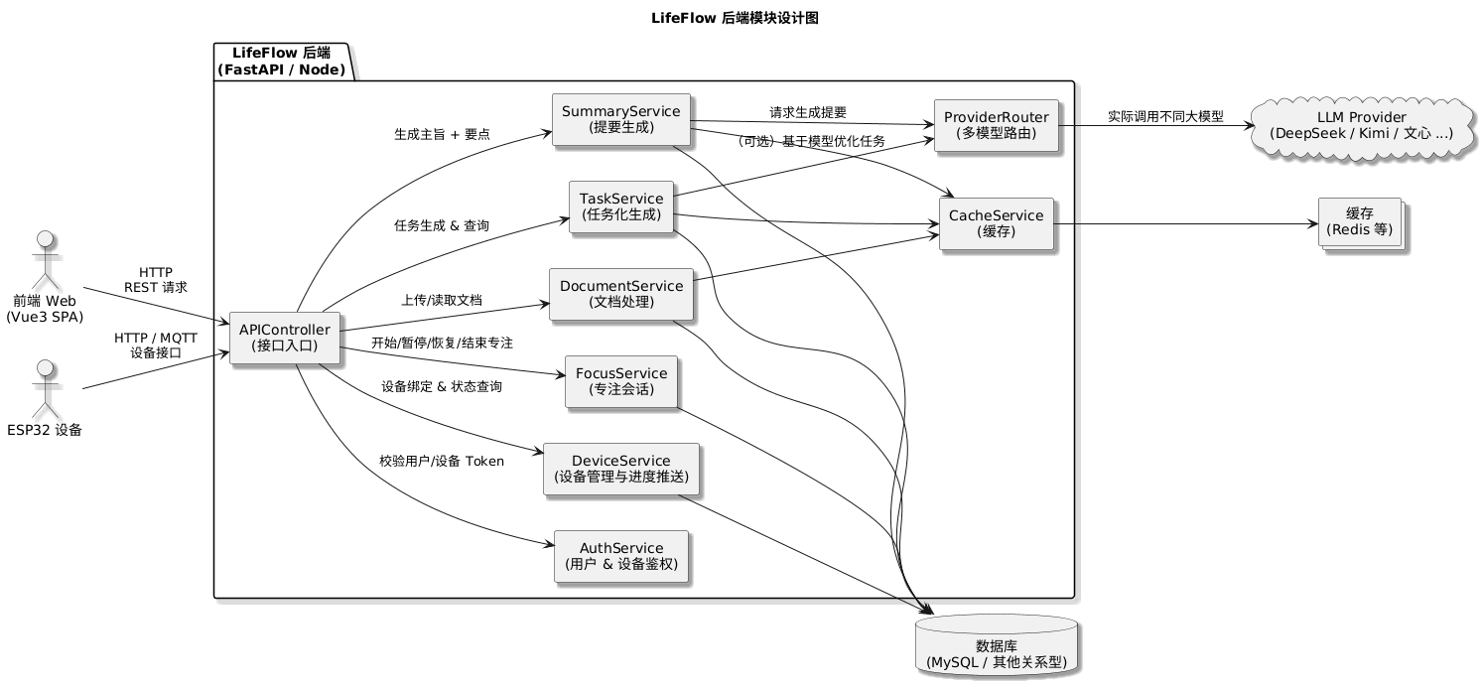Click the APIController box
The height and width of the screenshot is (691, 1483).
[285, 338]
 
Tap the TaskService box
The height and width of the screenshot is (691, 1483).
[621, 207]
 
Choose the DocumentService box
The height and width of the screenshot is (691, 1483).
[621, 294]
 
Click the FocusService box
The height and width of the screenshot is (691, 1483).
[621, 381]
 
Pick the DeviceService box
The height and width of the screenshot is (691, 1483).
[621, 469]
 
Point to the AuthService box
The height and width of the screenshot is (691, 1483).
[621, 556]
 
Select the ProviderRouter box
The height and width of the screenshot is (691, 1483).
[996, 125]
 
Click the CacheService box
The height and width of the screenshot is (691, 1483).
[996, 223]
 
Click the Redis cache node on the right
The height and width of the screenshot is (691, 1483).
[1359, 223]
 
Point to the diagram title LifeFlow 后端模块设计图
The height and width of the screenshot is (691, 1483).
[736, 18]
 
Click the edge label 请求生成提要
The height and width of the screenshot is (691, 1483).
[808, 112]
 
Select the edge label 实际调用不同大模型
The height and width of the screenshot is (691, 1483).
[1164, 117]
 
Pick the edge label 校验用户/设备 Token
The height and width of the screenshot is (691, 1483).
[442, 461]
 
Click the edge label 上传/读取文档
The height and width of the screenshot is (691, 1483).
[442, 300]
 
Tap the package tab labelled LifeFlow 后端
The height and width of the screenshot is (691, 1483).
[281, 61]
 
